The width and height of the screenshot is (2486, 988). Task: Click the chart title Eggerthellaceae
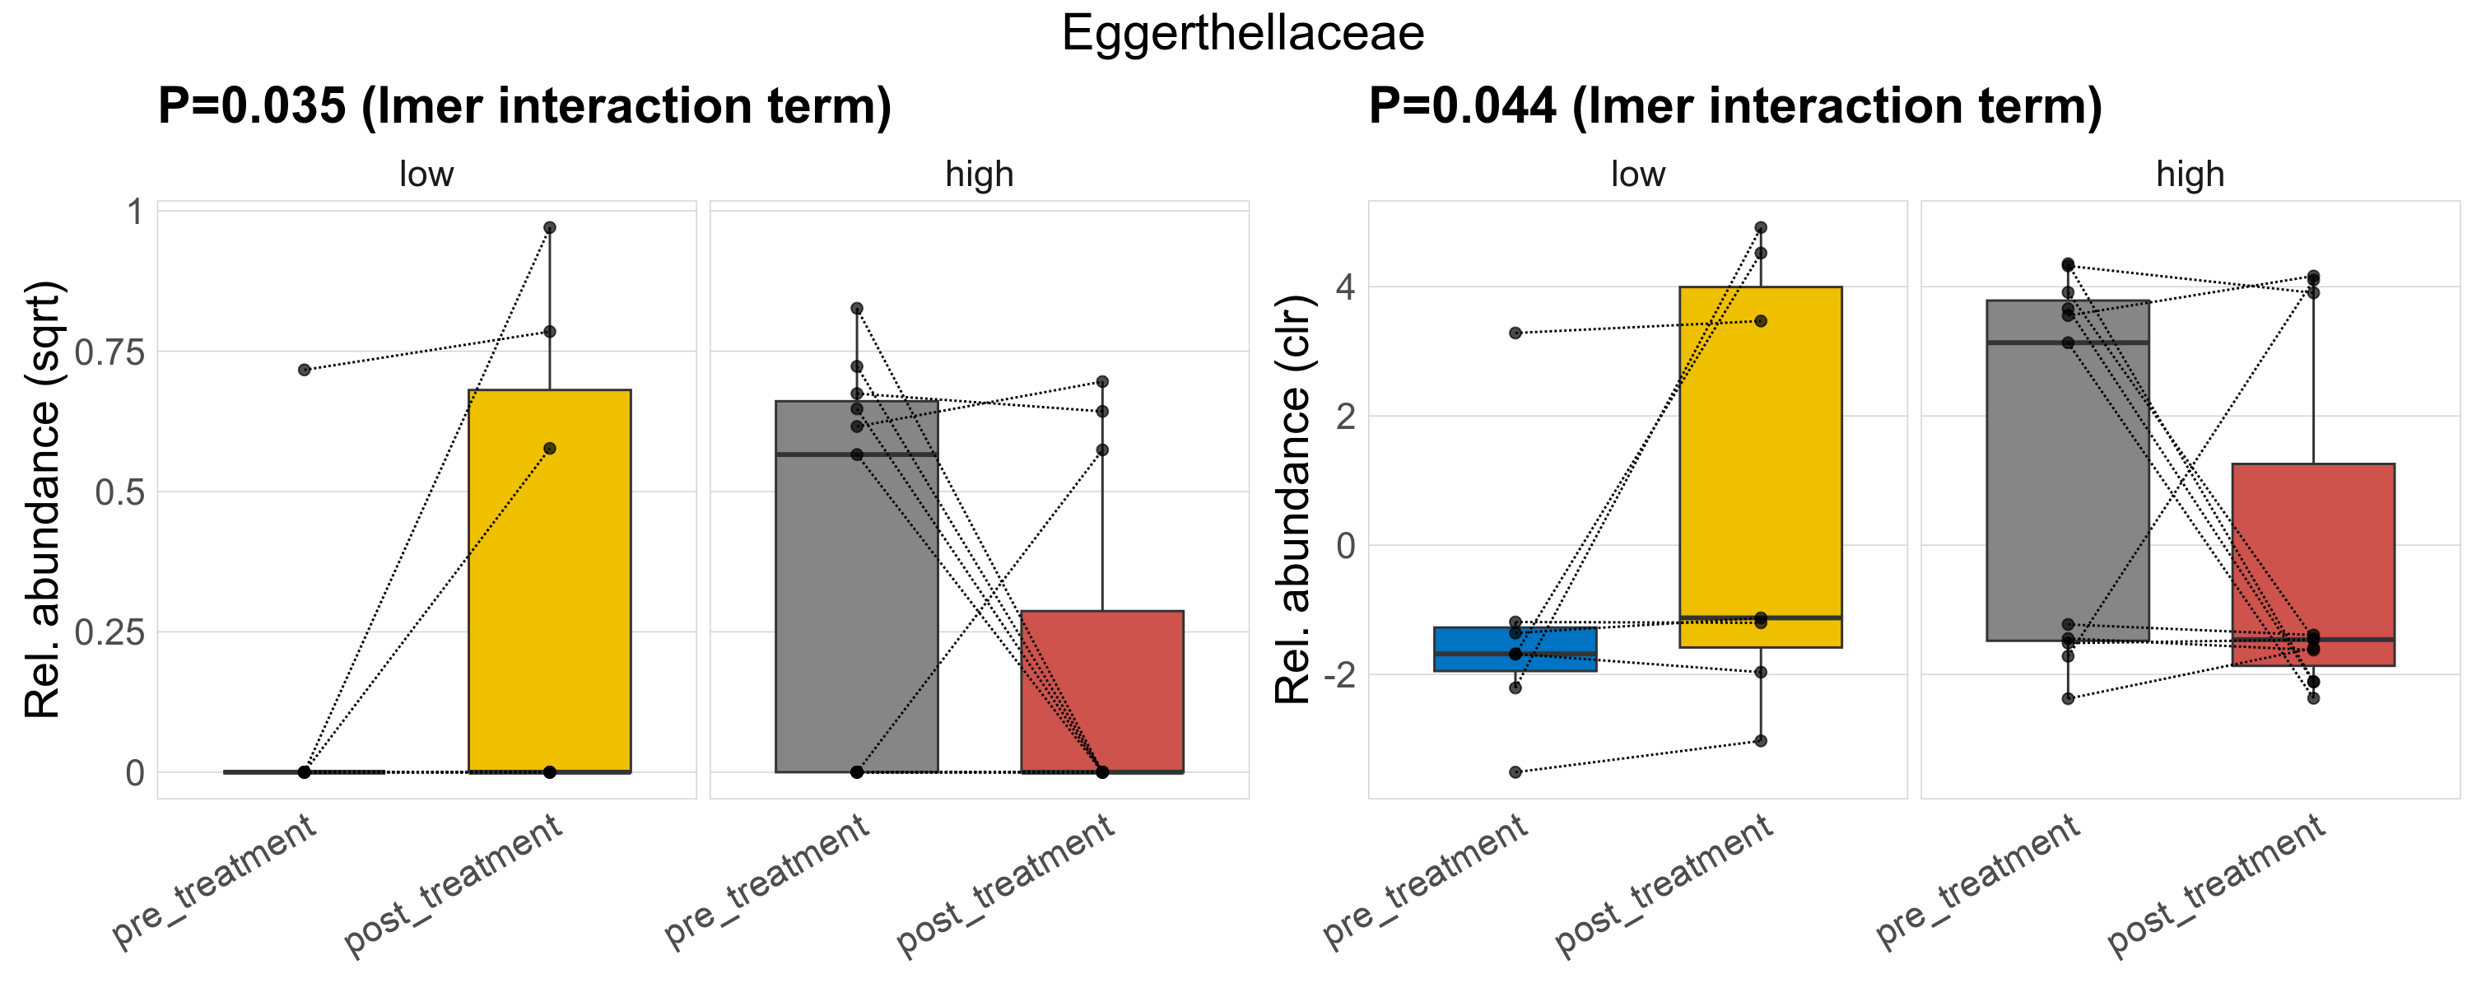(x=1242, y=33)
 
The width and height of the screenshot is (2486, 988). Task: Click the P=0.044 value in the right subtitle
(x=1462, y=105)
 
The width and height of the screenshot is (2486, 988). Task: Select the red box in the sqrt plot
(x=1102, y=691)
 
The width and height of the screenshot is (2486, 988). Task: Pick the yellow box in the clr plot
(x=1760, y=463)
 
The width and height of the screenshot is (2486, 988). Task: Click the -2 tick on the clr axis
(x=1338, y=674)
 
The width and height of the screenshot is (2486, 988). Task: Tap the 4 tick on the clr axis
(x=1345, y=287)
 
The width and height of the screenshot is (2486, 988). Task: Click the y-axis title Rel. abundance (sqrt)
(x=44, y=500)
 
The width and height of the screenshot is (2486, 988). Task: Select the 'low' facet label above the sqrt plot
(x=426, y=175)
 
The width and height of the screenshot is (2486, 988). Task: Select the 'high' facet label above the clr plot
(x=2190, y=175)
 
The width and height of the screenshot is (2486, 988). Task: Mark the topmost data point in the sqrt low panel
(x=549, y=228)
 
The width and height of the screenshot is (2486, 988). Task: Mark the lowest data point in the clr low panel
(x=1515, y=772)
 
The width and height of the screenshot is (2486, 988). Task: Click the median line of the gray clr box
(x=2067, y=343)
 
